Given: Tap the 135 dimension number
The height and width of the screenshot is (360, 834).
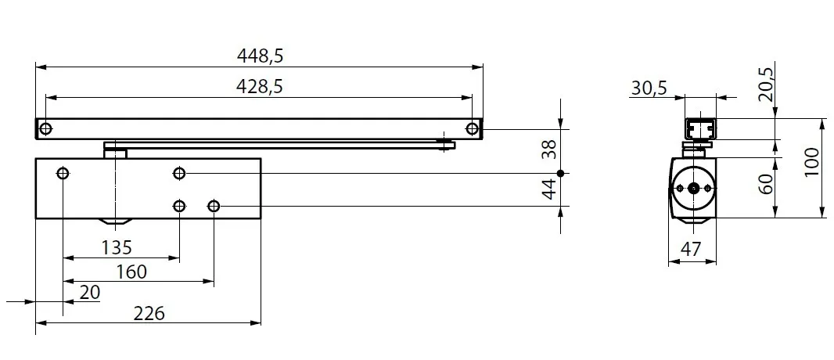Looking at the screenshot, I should (x=117, y=247).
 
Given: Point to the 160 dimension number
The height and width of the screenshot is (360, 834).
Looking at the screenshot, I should (x=131, y=272).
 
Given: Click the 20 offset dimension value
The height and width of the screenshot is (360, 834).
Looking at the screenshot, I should (x=90, y=292).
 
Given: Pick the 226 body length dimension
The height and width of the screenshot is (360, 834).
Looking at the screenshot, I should (x=149, y=313).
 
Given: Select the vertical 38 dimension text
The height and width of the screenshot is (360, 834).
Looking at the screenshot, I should (x=550, y=149).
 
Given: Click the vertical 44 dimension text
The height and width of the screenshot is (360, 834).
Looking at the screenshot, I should (x=550, y=188).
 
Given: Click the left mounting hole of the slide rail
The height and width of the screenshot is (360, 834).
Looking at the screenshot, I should (x=45, y=128).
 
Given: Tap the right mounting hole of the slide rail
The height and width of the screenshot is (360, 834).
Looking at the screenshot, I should (x=472, y=128).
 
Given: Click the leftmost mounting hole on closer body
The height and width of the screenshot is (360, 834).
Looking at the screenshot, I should (x=63, y=173).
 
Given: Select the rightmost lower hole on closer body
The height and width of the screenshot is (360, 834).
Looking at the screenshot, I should (x=214, y=206).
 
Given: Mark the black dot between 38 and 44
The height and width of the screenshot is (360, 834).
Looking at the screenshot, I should (x=561, y=173).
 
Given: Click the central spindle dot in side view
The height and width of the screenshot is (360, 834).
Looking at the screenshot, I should (x=692, y=188).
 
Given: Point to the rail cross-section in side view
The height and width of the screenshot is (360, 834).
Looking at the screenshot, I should (x=701, y=128).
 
